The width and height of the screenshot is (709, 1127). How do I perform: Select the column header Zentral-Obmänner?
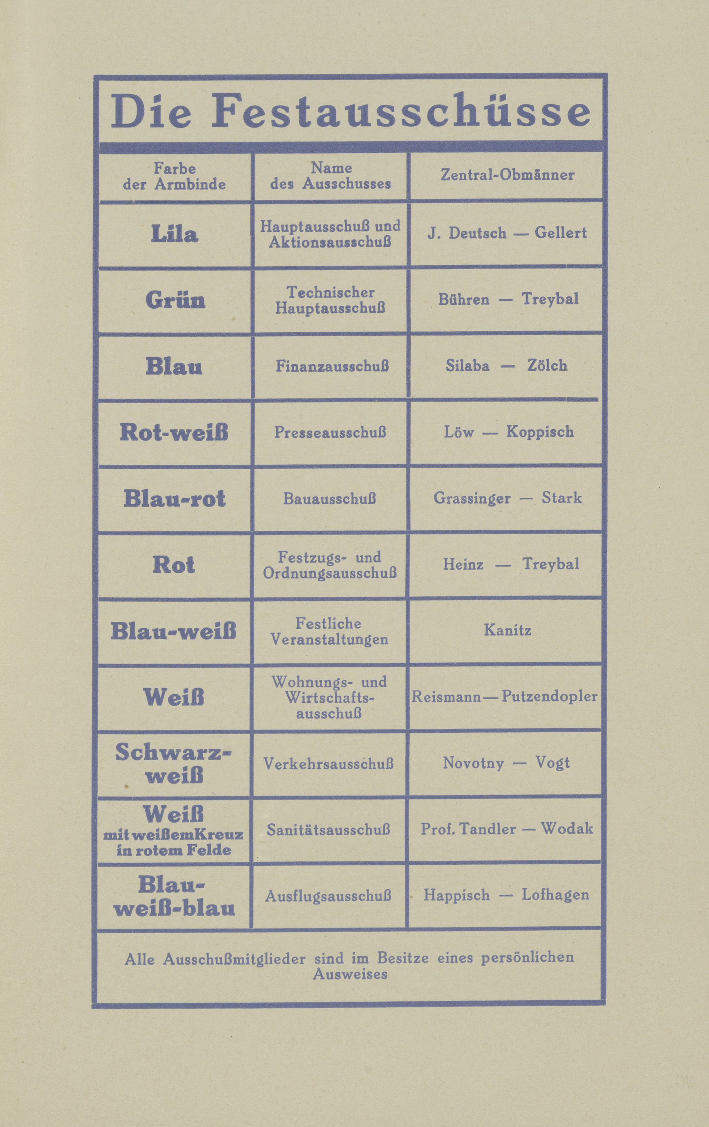507,175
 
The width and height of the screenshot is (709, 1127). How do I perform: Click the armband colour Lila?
174,234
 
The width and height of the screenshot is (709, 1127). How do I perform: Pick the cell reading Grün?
175,300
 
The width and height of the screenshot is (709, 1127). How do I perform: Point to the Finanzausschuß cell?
332,366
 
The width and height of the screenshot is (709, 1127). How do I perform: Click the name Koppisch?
540,431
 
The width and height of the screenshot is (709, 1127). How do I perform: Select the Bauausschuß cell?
330,498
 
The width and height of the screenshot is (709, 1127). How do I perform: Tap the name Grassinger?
472,498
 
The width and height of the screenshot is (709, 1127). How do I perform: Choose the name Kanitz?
507,630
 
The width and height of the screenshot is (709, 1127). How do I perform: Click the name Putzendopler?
550,696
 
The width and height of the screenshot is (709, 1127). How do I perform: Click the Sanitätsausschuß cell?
329,830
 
